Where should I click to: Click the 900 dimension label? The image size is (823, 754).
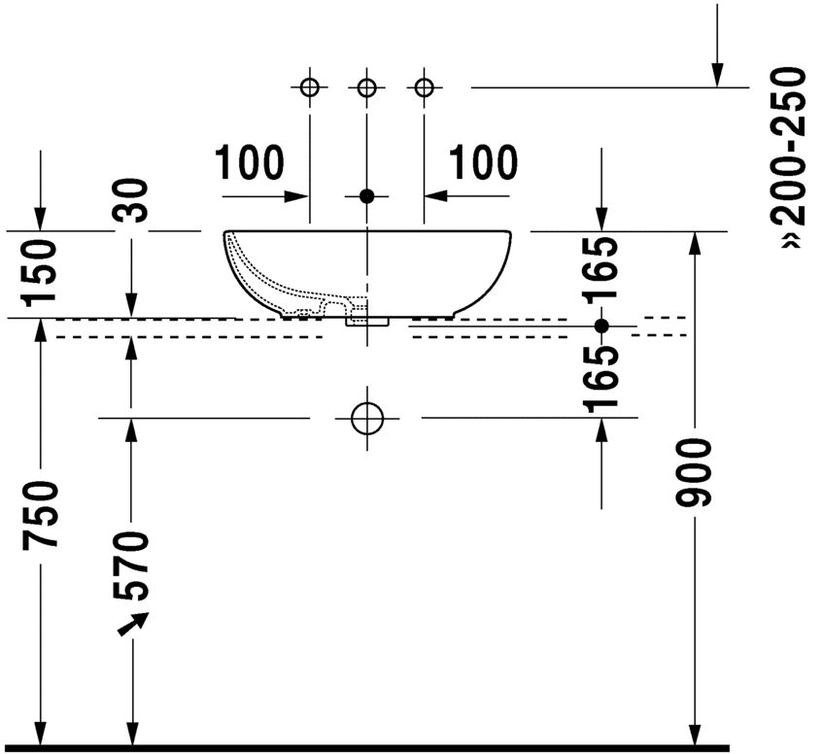696,473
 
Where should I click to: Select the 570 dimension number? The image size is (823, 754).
131,566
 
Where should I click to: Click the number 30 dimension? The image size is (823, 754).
132,201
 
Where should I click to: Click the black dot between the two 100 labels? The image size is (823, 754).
366,195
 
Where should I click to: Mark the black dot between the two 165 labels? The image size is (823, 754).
601,325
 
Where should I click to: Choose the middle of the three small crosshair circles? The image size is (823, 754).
366,88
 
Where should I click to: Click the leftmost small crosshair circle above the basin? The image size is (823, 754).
309,88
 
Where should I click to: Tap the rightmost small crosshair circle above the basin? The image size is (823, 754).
423,88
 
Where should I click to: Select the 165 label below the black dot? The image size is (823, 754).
601,378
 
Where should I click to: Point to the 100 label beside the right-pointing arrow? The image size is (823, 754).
249,162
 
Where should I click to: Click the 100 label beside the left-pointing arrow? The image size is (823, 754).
483,162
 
